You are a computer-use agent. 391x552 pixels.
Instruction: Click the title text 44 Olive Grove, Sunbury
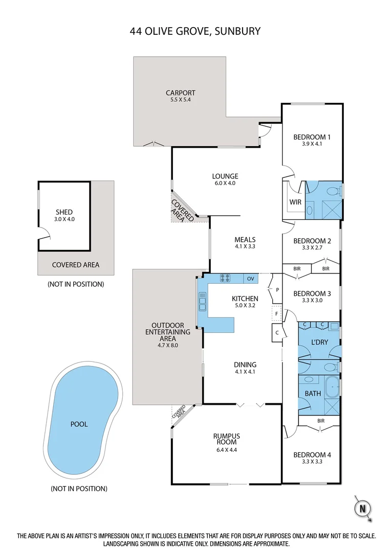click(x=195, y=31)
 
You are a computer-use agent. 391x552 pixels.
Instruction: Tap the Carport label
click(x=180, y=93)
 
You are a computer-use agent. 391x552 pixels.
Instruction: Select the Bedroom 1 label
click(x=312, y=136)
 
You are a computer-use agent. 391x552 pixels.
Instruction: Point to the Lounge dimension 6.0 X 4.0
click(x=226, y=183)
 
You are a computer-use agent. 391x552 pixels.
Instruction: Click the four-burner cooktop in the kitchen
click(x=226, y=279)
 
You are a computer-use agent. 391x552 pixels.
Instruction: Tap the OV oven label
click(x=250, y=279)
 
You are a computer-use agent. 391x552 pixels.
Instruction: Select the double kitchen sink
click(x=203, y=302)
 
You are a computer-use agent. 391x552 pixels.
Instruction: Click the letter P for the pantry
click(x=277, y=289)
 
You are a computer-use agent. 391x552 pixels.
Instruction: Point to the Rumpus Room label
click(x=226, y=439)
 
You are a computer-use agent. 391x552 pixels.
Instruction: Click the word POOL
click(x=79, y=424)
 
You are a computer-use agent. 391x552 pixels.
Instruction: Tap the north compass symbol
click(x=362, y=509)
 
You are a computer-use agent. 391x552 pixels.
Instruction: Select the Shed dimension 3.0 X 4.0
click(x=64, y=219)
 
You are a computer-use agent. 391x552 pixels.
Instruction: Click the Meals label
click(x=245, y=239)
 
